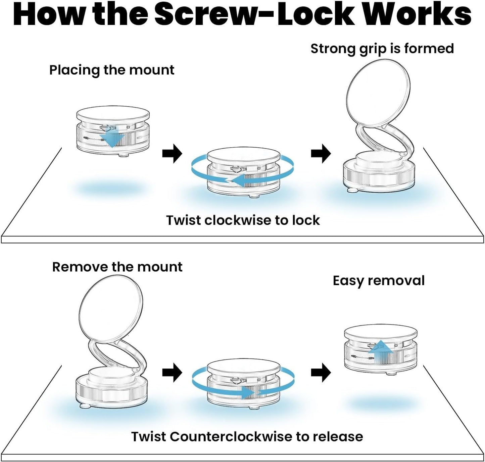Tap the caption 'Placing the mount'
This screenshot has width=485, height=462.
[112, 70]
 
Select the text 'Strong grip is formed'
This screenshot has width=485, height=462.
[382, 49]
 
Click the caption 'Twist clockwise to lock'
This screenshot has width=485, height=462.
[243, 220]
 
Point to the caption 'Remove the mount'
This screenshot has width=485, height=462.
[117, 267]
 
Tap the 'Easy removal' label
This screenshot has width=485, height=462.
[379, 281]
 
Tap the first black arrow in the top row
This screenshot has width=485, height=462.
[172, 154]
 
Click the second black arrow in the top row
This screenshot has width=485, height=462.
[321, 154]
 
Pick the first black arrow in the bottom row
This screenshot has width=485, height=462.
[172, 373]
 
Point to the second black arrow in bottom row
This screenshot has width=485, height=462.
[321, 373]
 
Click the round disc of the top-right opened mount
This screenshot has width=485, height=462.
[378, 93]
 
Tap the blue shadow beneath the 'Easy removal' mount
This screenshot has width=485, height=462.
[379, 402]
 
